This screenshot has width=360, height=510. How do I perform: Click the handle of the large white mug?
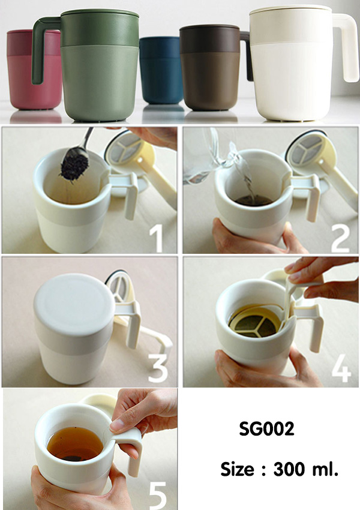[x=348, y=46]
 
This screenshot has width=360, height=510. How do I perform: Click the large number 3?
[x=158, y=368]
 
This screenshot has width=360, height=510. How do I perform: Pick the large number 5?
[x=158, y=496]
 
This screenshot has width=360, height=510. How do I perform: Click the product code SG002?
[x=266, y=428]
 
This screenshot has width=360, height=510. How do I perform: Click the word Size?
[x=237, y=469]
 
